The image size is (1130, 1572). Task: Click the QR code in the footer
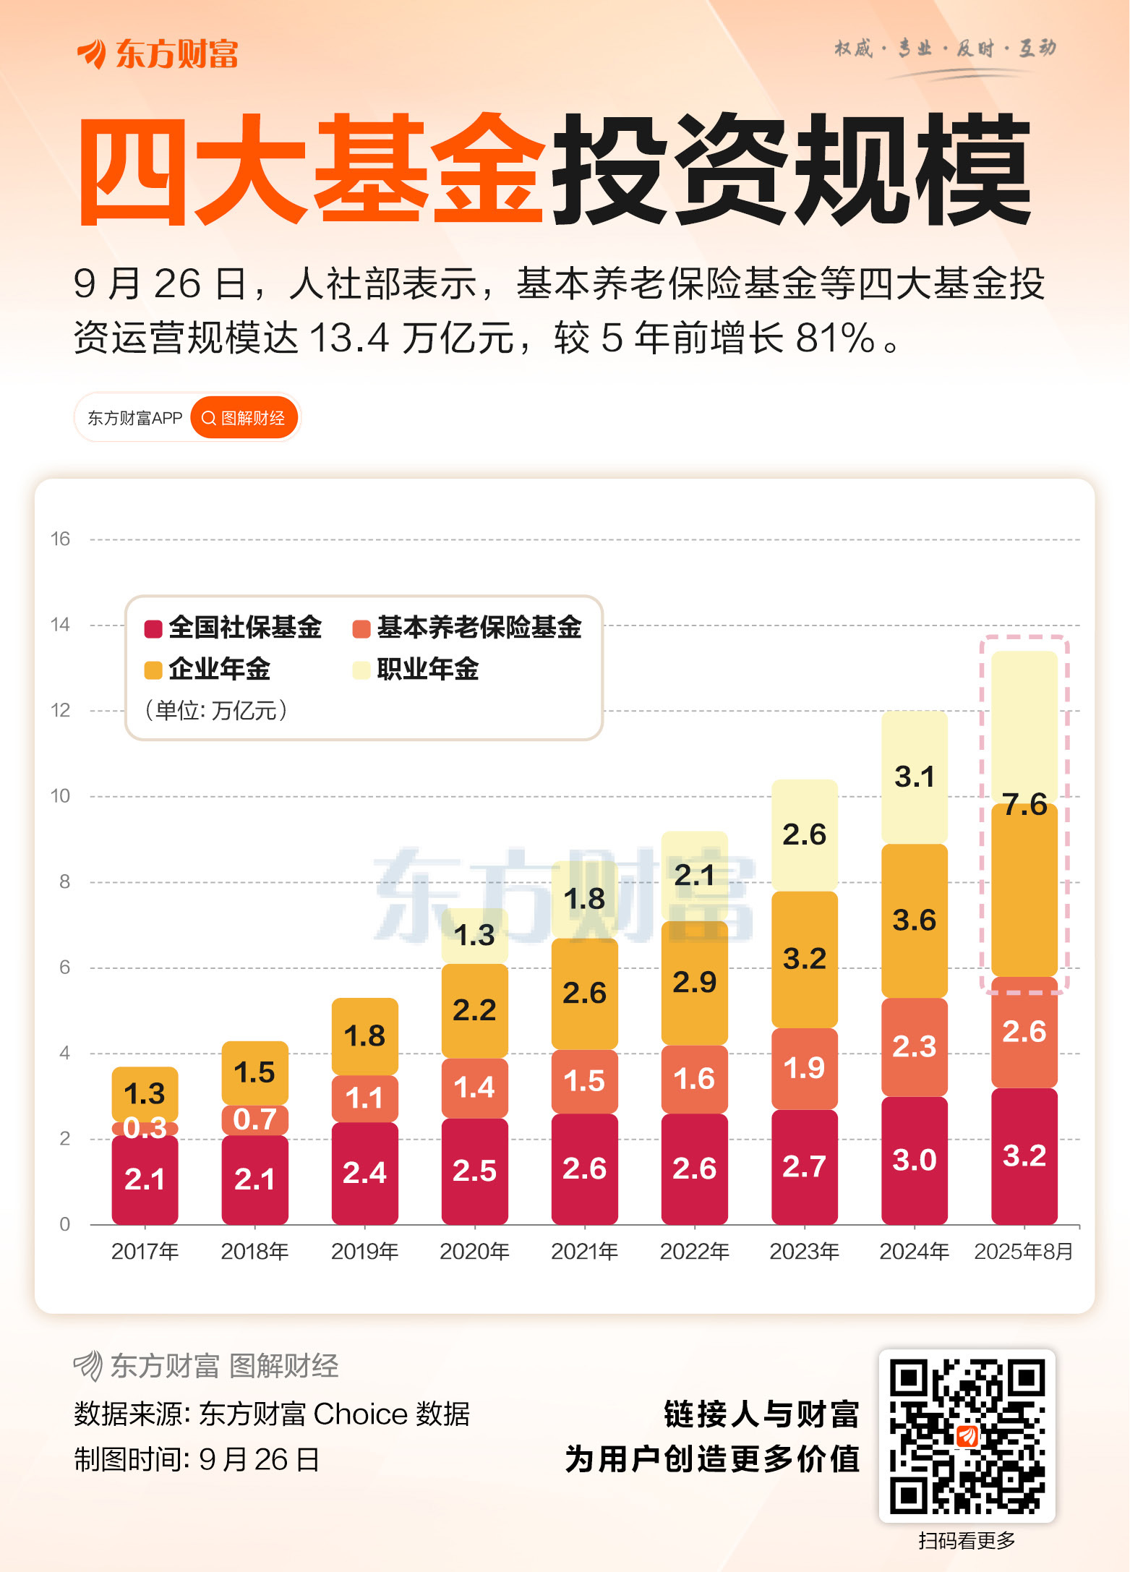point(967,1436)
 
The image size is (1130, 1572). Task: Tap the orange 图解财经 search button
point(244,418)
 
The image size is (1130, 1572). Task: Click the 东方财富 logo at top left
point(158,54)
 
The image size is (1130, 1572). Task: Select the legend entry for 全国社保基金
point(234,628)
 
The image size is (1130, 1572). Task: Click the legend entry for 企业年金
point(208,670)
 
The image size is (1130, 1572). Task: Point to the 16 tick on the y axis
point(60,539)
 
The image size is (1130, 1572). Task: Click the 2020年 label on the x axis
point(474,1251)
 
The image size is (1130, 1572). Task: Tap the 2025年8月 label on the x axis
point(1023,1251)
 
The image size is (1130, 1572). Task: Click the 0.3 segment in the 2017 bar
point(145,1128)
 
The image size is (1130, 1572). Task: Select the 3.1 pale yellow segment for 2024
point(914,777)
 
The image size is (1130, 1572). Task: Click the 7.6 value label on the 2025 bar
point(1024,805)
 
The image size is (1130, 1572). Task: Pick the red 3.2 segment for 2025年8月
point(1024,1155)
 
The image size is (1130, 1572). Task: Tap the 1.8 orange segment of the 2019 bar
point(364,1036)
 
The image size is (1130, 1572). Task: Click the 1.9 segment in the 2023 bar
point(804,1068)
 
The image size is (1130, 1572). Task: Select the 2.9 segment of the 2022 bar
point(694,982)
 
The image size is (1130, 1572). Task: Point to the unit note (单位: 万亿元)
point(216,710)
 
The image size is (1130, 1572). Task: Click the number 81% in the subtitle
point(836,338)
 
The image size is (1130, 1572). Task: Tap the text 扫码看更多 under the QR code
point(967,1541)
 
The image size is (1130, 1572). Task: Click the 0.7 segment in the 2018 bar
point(254,1119)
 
